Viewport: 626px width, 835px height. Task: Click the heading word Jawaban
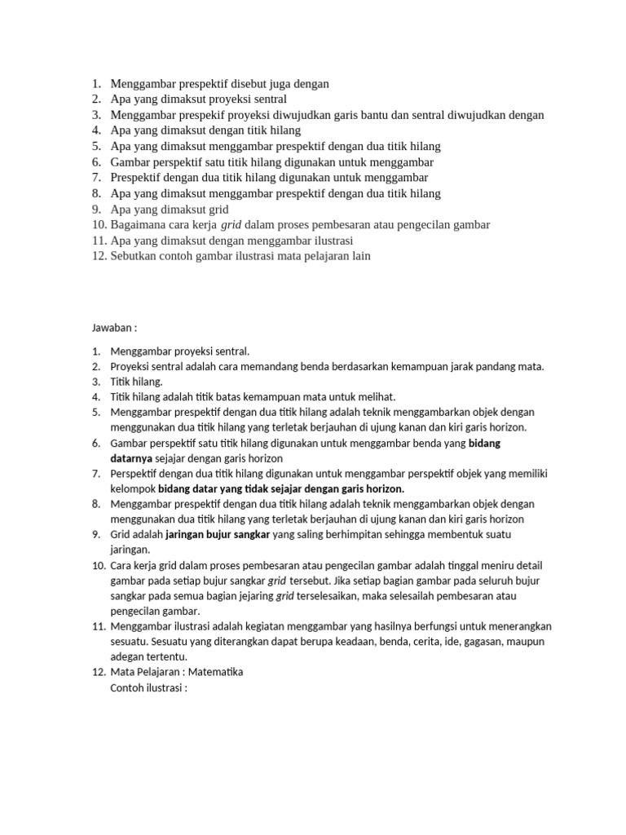(112, 328)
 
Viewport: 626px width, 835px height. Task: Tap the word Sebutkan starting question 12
(134, 256)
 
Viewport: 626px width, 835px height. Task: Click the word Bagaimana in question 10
(139, 224)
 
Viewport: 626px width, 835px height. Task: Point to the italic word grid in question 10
(232, 224)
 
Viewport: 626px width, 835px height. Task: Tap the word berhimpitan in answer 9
(347, 534)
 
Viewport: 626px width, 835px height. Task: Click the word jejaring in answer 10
(255, 596)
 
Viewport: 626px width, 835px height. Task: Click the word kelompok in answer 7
(132, 488)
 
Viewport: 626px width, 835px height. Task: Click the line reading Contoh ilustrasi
(148, 687)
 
